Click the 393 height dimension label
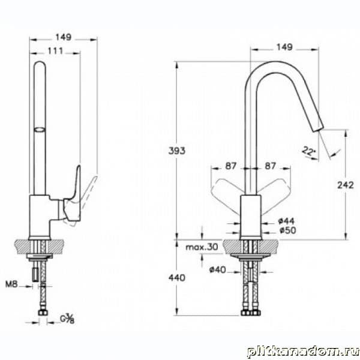[x=177, y=151]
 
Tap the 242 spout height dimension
[x=346, y=185]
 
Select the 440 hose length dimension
[x=177, y=278]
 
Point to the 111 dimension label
[x=55, y=51]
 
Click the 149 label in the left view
[x=64, y=37]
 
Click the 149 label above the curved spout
[x=284, y=47]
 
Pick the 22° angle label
[x=309, y=151]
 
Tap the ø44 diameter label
[x=286, y=221]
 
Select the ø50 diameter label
[x=287, y=230]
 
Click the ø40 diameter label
[x=218, y=269]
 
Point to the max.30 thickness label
[x=202, y=247]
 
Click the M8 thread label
[x=11, y=284]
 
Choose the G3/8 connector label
[x=67, y=319]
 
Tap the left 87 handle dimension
[x=230, y=166]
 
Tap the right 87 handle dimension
[x=270, y=166]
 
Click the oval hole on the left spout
[x=40, y=130]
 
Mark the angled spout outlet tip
[x=318, y=129]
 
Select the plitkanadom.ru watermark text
[x=303, y=352]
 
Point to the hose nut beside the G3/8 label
[x=43, y=313]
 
